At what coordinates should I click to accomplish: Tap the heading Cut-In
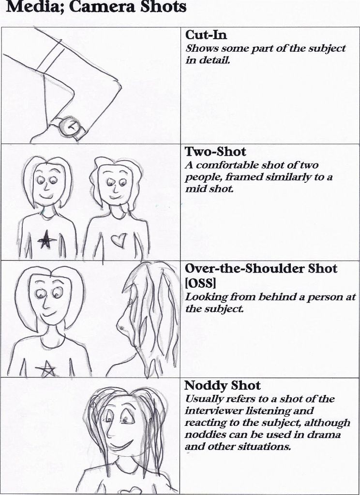(206, 35)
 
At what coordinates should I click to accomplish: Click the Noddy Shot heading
(223, 385)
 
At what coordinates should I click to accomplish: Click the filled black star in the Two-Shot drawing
(46, 239)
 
